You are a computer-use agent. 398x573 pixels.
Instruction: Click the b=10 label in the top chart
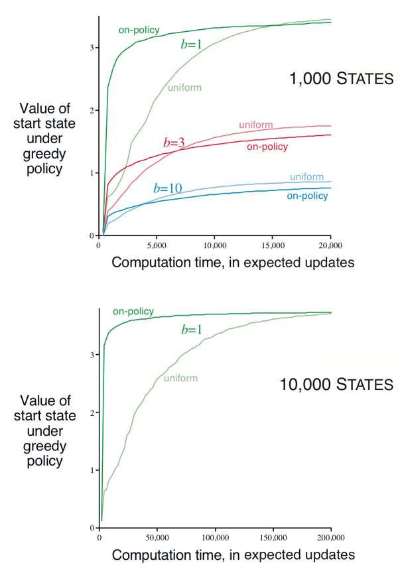168,188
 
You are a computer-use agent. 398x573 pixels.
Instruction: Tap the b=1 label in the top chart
192,44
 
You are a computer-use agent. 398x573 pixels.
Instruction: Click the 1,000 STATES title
341,80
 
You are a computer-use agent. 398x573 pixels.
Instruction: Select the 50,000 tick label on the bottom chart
157,537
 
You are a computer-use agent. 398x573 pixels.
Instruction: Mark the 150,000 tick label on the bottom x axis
273,537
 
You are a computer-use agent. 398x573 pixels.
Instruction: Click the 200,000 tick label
330,537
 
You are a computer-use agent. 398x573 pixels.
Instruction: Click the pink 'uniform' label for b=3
256,125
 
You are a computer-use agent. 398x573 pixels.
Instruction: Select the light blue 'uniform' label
306,176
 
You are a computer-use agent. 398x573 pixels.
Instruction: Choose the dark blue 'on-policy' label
307,196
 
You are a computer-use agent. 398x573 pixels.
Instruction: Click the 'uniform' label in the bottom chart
180,378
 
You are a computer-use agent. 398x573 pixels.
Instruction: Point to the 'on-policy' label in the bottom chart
133,311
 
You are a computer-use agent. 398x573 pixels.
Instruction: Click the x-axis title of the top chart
232,263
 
